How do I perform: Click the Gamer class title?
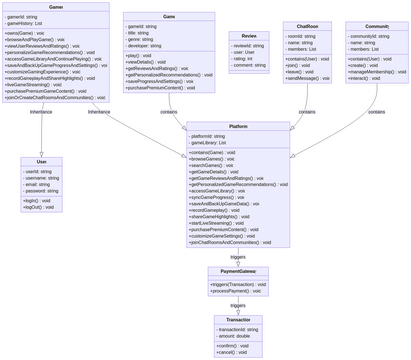[x=56, y=7]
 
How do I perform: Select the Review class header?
[x=249, y=35]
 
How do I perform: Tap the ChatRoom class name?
[x=307, y=26]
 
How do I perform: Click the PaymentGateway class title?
[x=238, y=271]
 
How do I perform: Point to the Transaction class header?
[x=238, y=319]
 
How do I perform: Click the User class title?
[x=41, y=161]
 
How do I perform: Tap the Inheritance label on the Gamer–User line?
[x=41, y=112]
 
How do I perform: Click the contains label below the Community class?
[x=377, y=112]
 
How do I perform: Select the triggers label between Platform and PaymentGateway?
[x=238, y=256]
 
